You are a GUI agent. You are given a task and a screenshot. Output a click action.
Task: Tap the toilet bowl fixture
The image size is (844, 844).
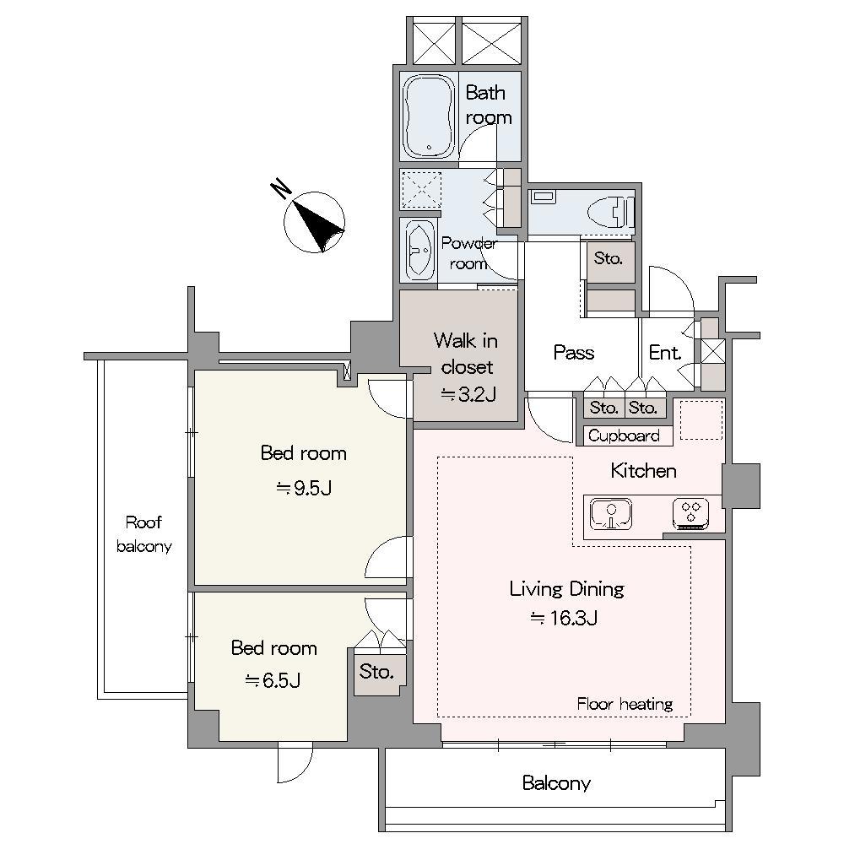[x=611, y=211]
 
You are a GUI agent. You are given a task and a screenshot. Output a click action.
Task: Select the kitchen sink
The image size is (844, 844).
[x=611, y=513]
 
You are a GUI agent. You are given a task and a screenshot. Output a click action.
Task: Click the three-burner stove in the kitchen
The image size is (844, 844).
[x=690, y=513]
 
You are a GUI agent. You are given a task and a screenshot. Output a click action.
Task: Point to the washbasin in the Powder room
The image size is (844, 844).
[x=419, y=250]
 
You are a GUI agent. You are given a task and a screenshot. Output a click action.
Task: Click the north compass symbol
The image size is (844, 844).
[x=314, y=222]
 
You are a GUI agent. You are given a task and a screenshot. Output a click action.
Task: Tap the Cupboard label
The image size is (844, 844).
[x=624, y=436]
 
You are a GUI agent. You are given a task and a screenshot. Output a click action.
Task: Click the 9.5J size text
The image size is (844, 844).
[x=304, y=488]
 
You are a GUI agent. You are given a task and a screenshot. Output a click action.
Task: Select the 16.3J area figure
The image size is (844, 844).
[x=564, y=618]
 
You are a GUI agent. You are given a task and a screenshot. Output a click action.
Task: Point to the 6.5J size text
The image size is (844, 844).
[x=273, y=680]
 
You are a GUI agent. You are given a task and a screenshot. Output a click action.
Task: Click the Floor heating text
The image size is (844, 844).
[x=625, y=704]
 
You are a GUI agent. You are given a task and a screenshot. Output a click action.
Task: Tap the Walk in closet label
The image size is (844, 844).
[x=466, y=354]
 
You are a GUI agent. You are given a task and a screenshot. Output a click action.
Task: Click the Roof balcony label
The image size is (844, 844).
[x=143, y=534]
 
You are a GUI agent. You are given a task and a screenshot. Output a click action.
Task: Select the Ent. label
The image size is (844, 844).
[x=665, y=353]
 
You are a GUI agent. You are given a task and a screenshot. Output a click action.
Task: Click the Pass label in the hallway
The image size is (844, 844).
[x=574, y=353]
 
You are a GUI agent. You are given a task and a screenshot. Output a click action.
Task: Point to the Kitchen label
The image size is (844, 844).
[x=643, y=471]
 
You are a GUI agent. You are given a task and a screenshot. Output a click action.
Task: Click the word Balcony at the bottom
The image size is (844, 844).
[x=556, y=782]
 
